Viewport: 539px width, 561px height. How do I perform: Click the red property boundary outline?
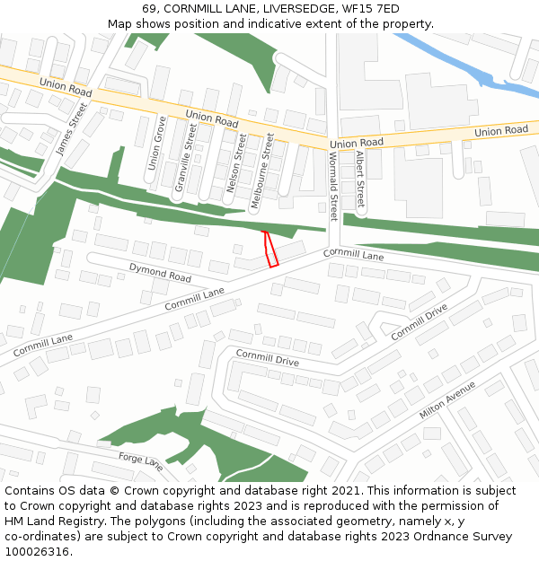pyautogui.click(x=270, y=249)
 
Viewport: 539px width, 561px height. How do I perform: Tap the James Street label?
pyautogui.click(x=72, y=129)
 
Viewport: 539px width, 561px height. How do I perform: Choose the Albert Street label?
pyautogui.click(x=359, y=179)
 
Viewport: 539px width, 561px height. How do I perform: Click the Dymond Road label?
pyautogui.click(x=160, y=272)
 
